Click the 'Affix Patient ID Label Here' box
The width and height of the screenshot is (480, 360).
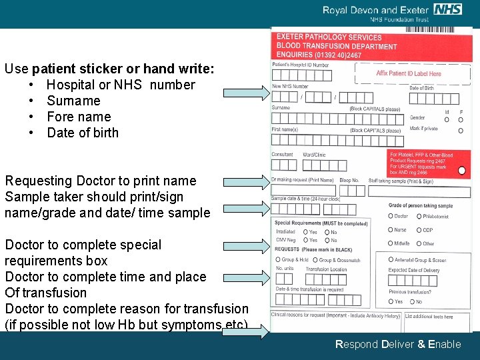point(408,74)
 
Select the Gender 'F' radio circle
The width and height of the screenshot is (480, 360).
point(461,120)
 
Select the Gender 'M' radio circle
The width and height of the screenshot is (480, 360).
point(447,120)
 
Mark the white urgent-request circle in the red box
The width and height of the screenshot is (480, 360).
point(462,171)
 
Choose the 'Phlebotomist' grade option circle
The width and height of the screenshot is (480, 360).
point(419,216)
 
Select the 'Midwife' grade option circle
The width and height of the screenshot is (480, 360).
point(391,244)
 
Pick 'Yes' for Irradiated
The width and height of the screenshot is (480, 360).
point(305,232)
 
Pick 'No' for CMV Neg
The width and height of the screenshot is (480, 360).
point(327,240)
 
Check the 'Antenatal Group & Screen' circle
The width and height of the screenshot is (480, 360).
point(391,259)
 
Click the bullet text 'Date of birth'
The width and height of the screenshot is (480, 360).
point(83,133)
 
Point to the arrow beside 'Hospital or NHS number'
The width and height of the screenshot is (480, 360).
point(244,93)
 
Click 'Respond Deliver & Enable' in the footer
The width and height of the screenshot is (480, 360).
point(398,345)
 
